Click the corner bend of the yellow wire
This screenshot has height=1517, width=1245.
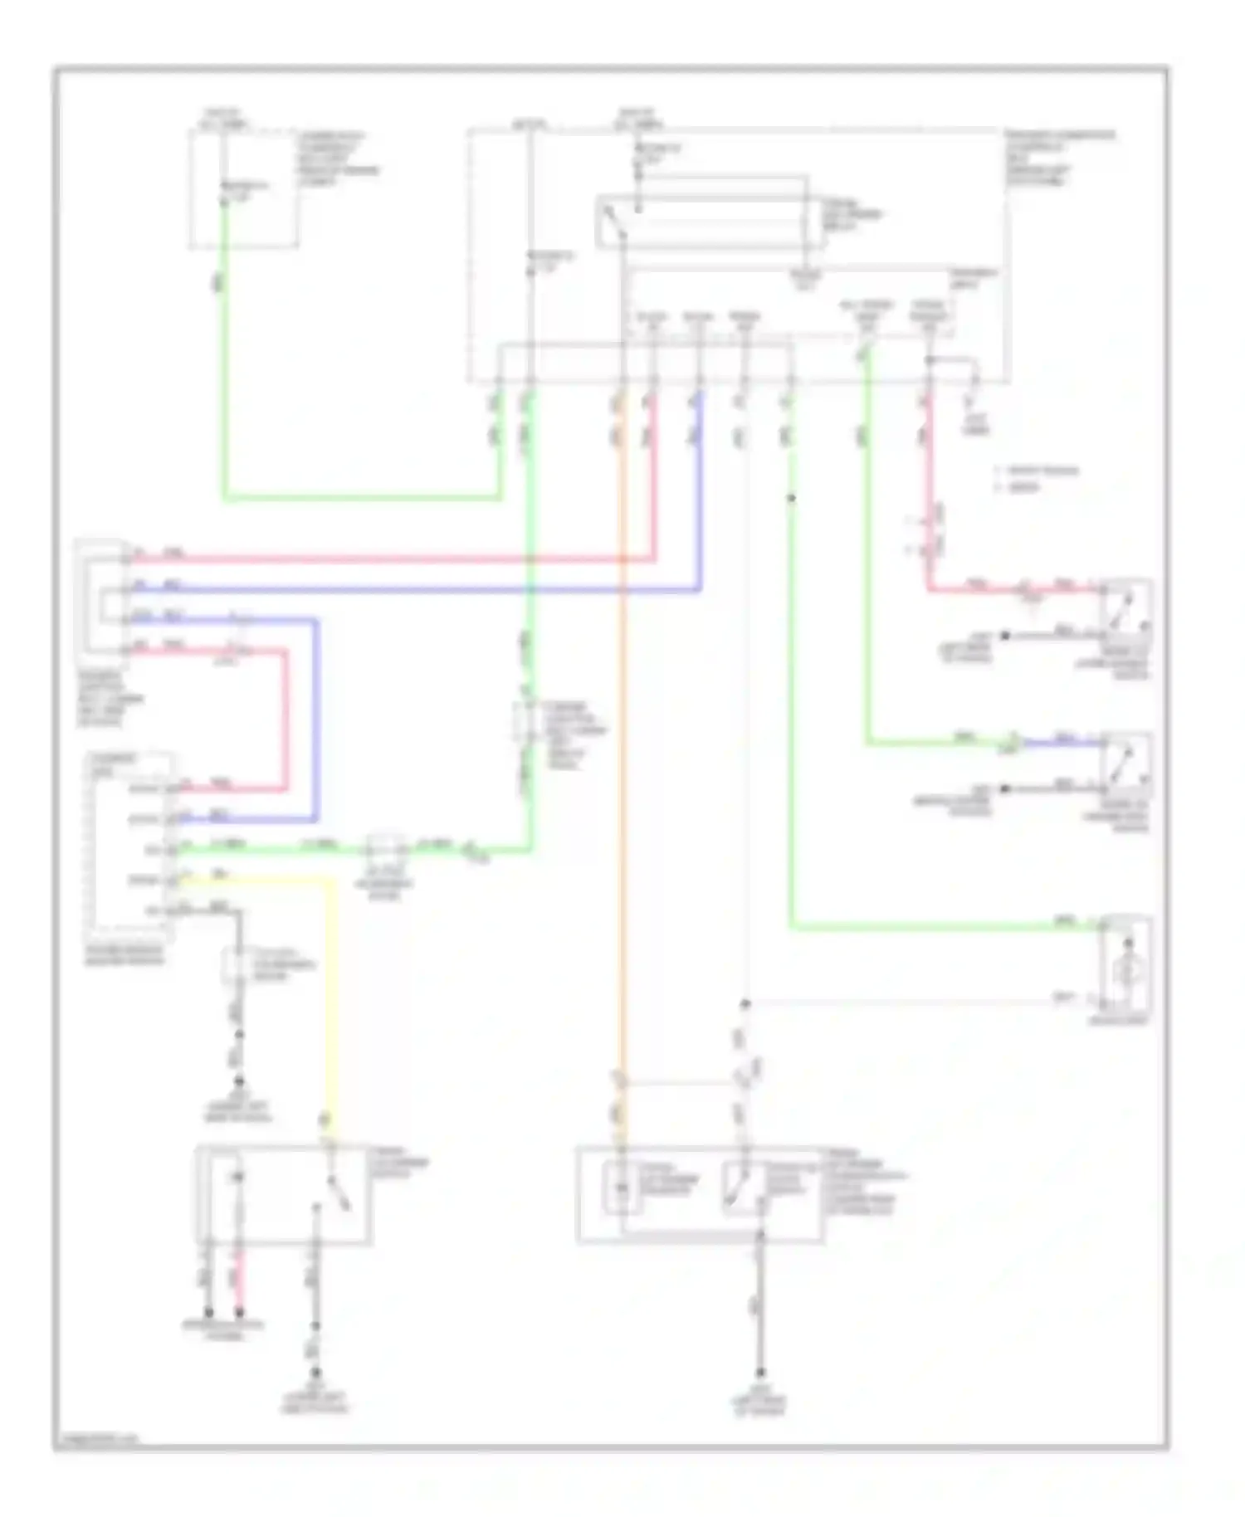click(334, 881)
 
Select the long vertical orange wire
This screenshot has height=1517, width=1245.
click(621, 747)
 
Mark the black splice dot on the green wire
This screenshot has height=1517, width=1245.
click(791, 498)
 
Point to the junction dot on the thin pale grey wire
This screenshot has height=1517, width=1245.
click(745, 1004)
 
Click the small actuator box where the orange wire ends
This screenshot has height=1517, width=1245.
click(621, 1189)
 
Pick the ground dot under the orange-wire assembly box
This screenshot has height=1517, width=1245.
click(759, 1373)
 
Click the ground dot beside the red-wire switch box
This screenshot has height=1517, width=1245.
click(1004, 636)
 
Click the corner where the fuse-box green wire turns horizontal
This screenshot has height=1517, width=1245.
click(224, 499)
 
